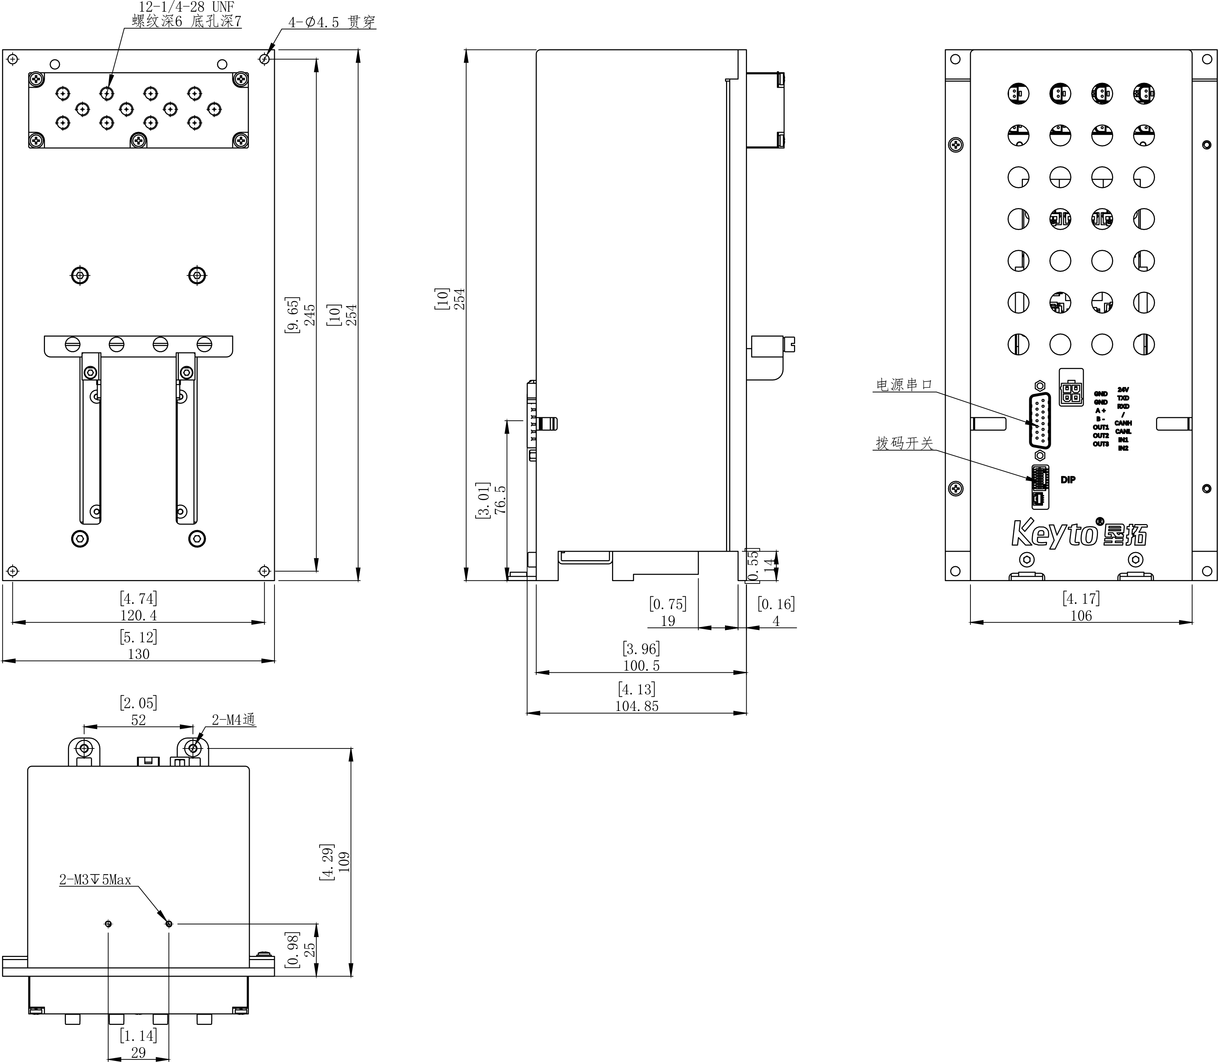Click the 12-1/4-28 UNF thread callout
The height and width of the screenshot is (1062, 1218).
pos(186,7)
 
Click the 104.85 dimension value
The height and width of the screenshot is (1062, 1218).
pos(636,706)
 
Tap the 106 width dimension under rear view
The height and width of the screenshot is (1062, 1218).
pos(1081,616)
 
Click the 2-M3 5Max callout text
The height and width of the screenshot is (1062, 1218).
pos(95,879)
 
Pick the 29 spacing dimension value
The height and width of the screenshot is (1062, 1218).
pos(138,1052)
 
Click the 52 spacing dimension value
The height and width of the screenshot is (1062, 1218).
pos(138,720)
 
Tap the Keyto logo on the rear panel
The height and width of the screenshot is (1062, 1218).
pos(1078,533)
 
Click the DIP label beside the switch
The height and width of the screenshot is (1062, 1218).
pos(1067,480)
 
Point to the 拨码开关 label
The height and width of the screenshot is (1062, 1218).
pos(904,443)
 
